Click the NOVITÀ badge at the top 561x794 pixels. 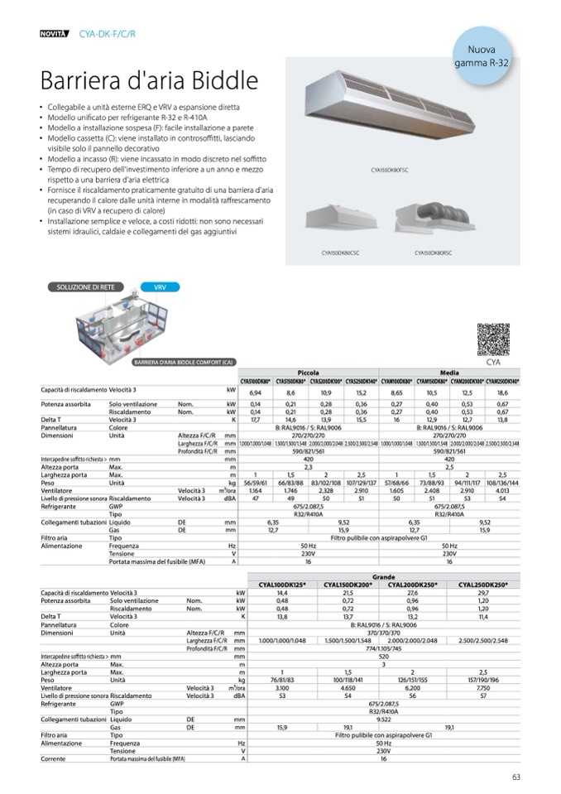[x=55, y=33]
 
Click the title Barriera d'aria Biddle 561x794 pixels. [x=149, y=81]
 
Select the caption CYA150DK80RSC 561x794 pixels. [x=434, y=253]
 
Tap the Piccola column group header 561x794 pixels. [x=308, y=373]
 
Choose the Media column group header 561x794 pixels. [x=449, y=373]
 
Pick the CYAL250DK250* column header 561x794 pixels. [x=484, y=584]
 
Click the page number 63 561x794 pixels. [x=515, y=776]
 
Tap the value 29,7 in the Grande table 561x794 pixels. [x=484, y=593]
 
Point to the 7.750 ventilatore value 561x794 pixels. [x=484, y=688]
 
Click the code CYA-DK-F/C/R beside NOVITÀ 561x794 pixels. [x=108, y=33]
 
